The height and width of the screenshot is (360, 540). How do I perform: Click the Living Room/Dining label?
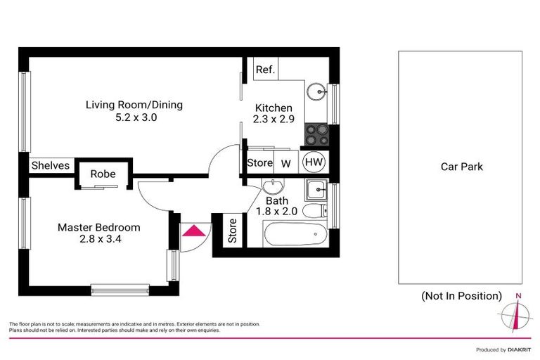click(134, 105)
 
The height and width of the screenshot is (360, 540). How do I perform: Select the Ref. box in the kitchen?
click(265, 70)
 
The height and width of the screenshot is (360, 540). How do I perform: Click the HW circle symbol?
click(314, 163)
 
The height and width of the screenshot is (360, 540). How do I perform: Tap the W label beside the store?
click(286, 164)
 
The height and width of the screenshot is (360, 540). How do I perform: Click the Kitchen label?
click(273, 108)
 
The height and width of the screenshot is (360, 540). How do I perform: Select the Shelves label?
click(51, 165)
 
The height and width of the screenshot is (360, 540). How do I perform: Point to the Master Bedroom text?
click(98, 227)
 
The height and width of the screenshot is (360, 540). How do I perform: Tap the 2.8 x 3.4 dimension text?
click(98, 240)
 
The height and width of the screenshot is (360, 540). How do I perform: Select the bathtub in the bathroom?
click(295, 233)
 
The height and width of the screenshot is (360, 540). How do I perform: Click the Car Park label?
click(461, 167)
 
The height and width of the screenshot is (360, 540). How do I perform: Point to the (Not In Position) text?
click(461, 295)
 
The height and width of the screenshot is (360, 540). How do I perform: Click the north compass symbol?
click(517, 314)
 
